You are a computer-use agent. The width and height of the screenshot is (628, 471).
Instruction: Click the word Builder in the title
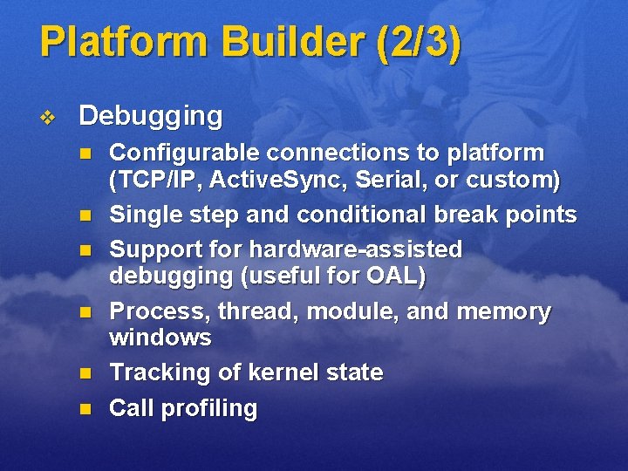(275, 43)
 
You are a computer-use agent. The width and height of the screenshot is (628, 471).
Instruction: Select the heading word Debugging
(150, 115)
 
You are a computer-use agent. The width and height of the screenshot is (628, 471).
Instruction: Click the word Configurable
(184, 154)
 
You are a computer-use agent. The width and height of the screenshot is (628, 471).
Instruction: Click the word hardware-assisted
(356, 249)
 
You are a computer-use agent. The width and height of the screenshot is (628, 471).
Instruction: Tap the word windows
(160, 338)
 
